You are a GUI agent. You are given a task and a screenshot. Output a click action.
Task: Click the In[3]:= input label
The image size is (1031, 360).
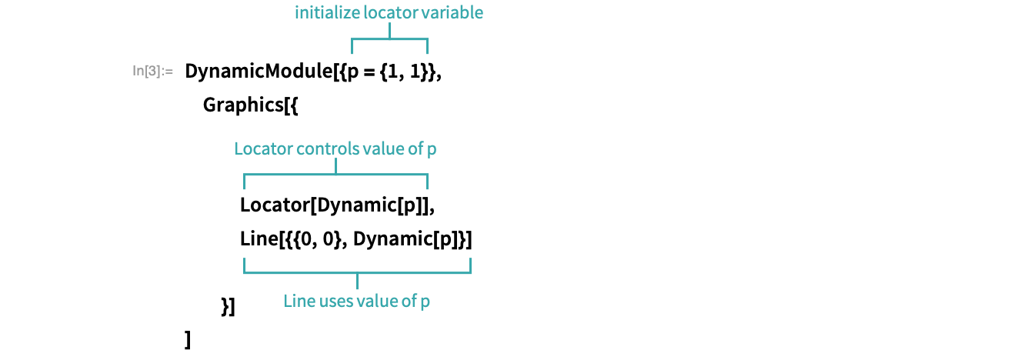[x=153, y=72]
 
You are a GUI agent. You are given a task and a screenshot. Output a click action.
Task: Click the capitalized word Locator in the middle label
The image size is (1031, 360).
[x=259, y=148]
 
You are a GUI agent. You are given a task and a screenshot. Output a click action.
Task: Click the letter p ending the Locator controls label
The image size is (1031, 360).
[x=432, y=150]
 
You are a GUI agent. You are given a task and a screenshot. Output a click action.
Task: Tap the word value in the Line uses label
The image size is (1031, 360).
[x=378, y=301]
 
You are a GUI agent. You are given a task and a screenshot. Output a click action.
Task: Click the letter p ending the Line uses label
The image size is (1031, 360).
[x=425, y=302]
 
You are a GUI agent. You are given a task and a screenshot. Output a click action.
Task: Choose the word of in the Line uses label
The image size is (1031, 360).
[x=408, y=301]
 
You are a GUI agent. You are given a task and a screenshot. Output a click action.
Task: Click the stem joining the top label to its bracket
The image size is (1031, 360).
[x=390, y=30]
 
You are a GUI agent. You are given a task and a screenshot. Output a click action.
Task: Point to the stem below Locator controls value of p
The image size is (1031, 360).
[x=336, y=166]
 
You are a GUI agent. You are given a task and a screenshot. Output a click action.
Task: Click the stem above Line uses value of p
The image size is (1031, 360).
[x=358, y=281]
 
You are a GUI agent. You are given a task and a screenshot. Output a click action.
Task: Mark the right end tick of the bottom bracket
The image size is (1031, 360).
[x=470, y=265]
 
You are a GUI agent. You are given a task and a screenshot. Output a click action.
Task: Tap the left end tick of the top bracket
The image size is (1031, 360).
[x=352, y=46]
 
